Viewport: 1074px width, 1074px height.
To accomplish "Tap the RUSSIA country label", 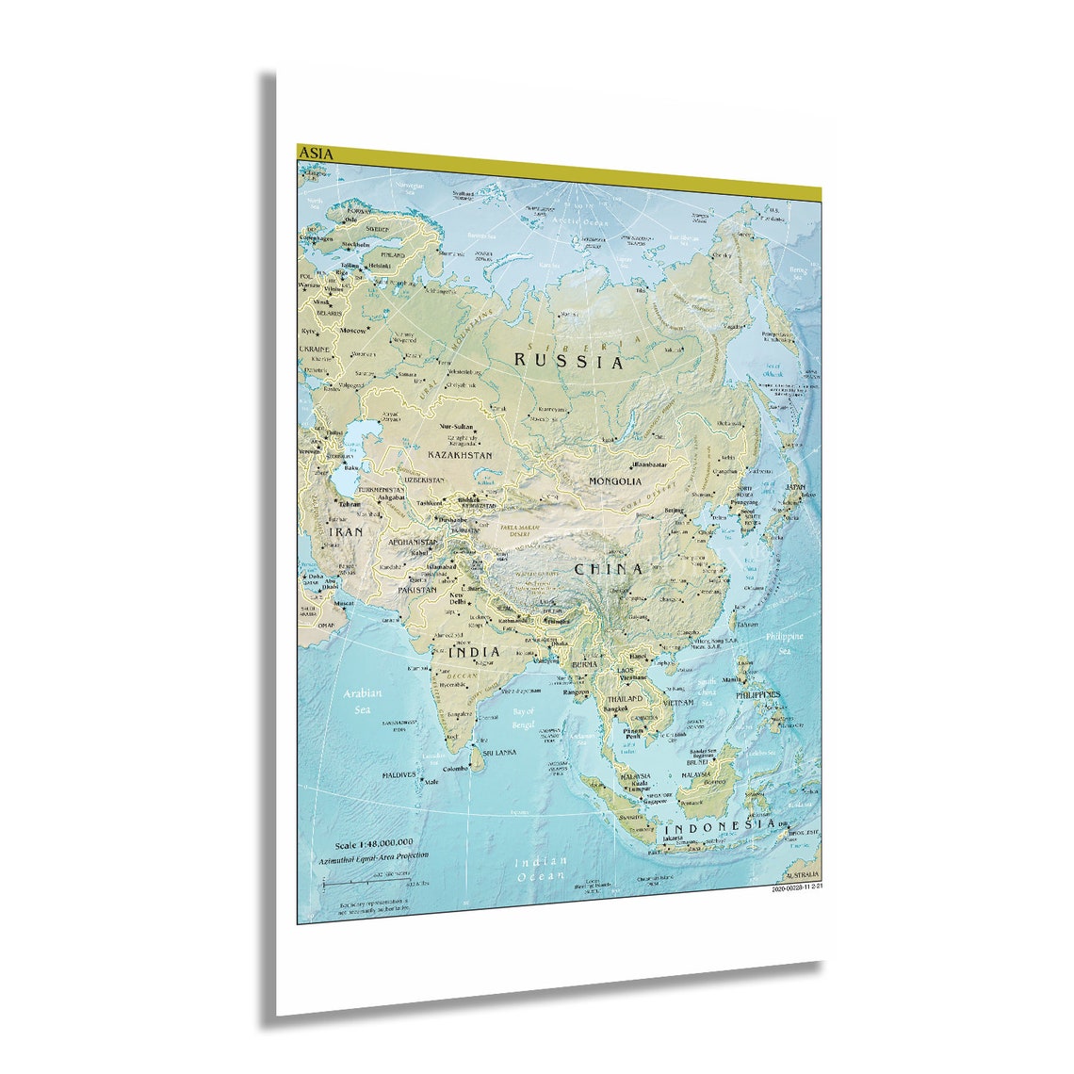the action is pos(568,360).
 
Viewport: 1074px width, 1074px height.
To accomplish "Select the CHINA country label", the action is pos(609,569).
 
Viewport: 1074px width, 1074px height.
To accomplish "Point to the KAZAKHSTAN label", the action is pos(460,455).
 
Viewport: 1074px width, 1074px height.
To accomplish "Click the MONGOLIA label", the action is pos(615,481).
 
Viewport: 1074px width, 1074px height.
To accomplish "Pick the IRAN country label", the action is pos(346,532).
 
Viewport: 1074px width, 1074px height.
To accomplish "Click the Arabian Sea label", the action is pos(363,700).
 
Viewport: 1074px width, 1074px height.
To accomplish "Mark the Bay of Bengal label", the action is pos(523,718).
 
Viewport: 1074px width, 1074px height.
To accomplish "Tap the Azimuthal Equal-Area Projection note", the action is pos(373,857).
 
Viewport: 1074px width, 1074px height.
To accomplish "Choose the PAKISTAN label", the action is pos(416,590).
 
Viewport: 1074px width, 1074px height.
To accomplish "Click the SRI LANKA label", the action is pos(499,754).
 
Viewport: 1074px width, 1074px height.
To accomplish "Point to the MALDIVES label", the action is pos(399,775).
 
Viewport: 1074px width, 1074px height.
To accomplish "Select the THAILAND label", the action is pos(625,699).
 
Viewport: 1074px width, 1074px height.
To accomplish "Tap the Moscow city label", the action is pos(353,332).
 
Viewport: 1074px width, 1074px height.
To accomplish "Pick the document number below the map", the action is pos(797,887).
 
